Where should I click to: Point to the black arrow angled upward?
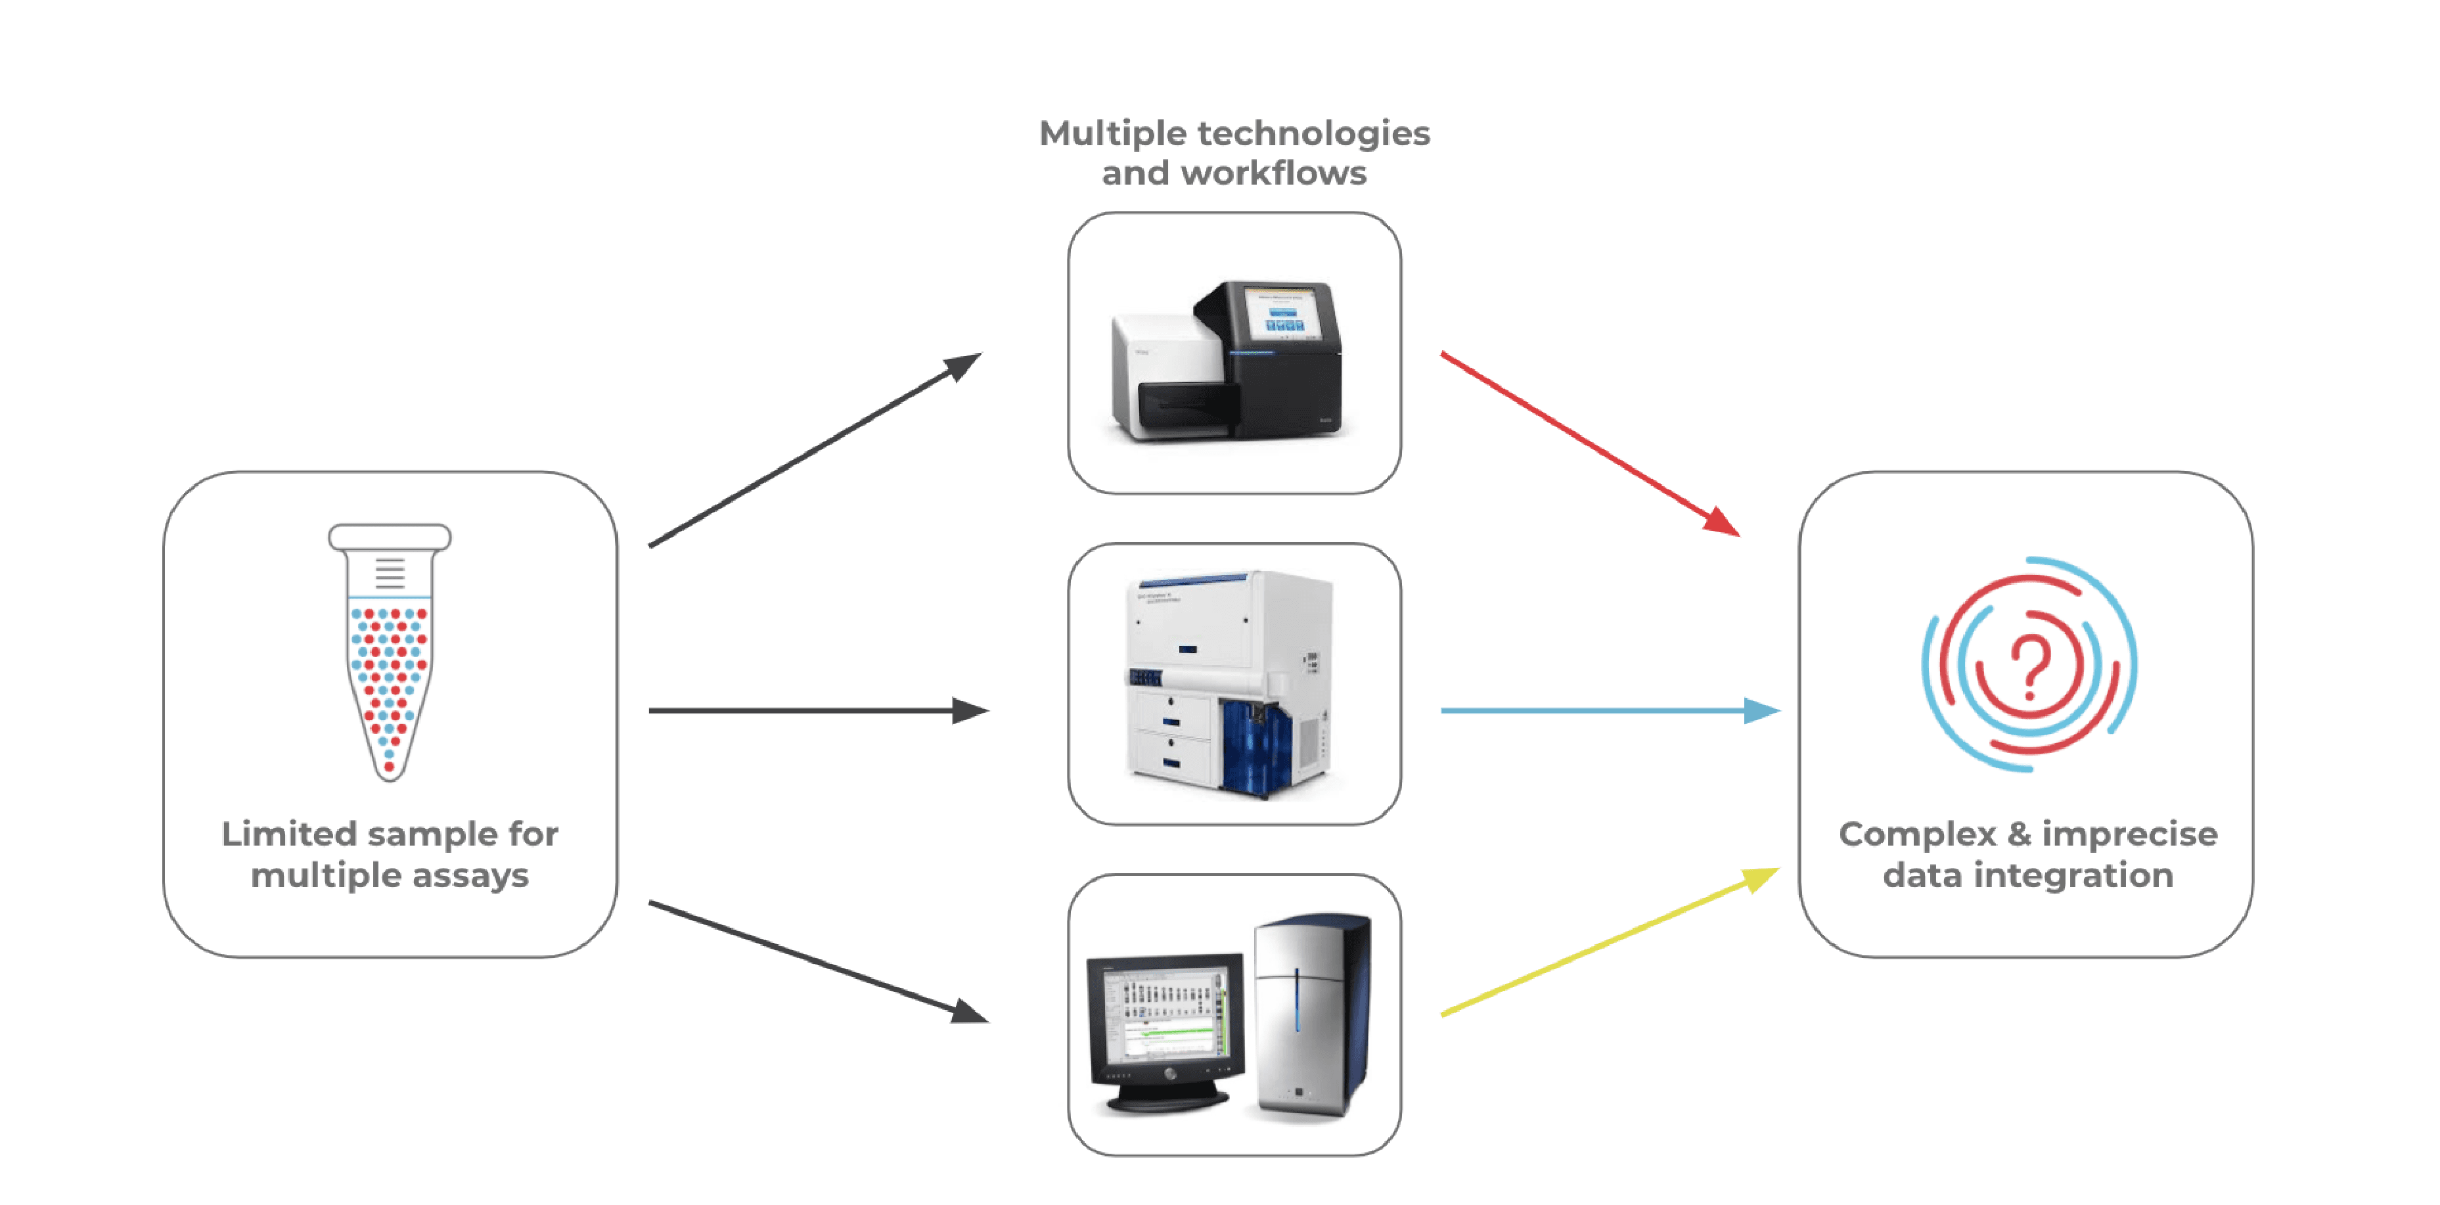(815, 450)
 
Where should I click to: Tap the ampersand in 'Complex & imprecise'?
(2018, 834)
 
